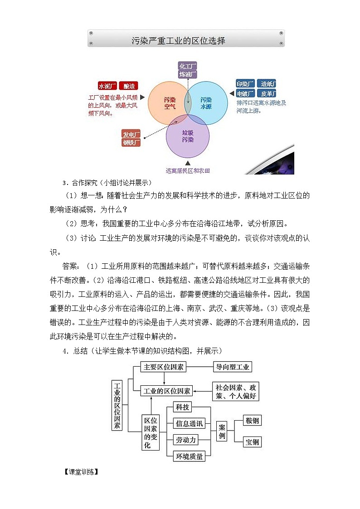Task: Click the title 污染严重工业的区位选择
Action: (x=178, y=41)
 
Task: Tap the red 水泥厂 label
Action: (x=107, y=86)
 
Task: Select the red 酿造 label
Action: (x=129, y=86)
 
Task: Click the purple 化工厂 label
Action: (x=187, y=66)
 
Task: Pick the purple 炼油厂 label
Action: (x=187, y=74)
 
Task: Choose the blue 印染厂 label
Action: (x=245, y=84)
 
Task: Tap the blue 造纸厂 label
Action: (x=268, y=84)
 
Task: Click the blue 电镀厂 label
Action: (x=245, y=94)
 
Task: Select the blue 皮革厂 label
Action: (x=268, y=94)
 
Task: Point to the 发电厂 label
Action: (x=131, y=134)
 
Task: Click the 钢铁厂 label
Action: (x=131, y=142)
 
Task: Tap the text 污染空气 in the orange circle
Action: (x=170, y=103)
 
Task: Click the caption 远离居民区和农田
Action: (x=188, y=171)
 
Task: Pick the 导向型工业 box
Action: (x=233, y=367)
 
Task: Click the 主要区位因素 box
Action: (x=163, y=367)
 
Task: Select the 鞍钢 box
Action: (x=252, y=421)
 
